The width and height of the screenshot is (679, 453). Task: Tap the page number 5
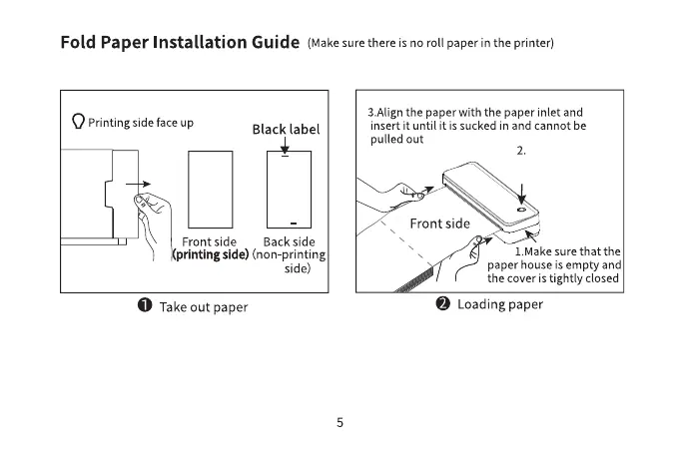point(339,422)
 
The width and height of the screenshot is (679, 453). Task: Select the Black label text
point(286,130)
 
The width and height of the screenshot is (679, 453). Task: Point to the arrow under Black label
point(286,147)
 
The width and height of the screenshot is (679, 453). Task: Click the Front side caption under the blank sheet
point(209,241)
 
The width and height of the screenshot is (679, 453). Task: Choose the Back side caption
point(289,241)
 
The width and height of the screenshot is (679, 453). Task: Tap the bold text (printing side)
point(210,255)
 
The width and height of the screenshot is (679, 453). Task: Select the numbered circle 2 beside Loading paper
point(442,304)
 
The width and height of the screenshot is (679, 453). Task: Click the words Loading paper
point(500,304)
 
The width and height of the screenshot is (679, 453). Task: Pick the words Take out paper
point(204,306)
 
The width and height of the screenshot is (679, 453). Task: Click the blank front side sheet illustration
point(210,190)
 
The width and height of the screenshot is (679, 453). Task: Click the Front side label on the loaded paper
point(438,223)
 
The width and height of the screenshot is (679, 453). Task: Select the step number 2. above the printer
point(521,151)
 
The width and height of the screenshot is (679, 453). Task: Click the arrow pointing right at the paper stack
point(145,184)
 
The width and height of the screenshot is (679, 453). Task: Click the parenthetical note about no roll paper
point(431,43)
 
